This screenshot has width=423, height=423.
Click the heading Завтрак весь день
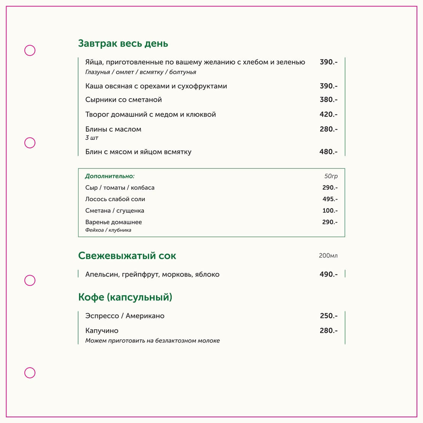[x=123, y=43]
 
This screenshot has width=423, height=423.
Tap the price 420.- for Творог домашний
[x=328, y=114]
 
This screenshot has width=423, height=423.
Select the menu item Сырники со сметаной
[x=123, y=100]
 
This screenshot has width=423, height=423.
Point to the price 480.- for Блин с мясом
[x=328, y=152]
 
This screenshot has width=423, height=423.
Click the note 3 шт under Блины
[x=92, y=138]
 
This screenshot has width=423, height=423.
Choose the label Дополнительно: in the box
[x=110, y=176]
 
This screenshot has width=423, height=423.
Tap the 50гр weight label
[x=331, y=176]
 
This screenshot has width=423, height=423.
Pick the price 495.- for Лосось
[x=330, y=199]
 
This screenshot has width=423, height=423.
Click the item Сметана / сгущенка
[x=115, y=210]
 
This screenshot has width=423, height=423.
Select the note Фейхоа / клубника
[x=108, y=230]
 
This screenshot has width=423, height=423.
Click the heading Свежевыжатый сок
[x=127, y=256]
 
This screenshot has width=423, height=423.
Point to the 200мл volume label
[x=328, y=256]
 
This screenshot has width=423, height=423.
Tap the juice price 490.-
[x=328, y=274]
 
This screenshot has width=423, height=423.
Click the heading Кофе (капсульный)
[x=125, y=297]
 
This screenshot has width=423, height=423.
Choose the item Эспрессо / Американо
[x=125, y=316]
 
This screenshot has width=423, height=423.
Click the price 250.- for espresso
[x=328, y=316]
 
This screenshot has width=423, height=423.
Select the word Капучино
[x=102, y=331]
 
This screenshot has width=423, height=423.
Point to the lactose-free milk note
[x=152, y=341]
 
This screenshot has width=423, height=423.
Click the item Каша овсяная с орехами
[x=156, y=86]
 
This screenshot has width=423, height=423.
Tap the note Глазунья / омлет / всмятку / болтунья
[x=141, y=72]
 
